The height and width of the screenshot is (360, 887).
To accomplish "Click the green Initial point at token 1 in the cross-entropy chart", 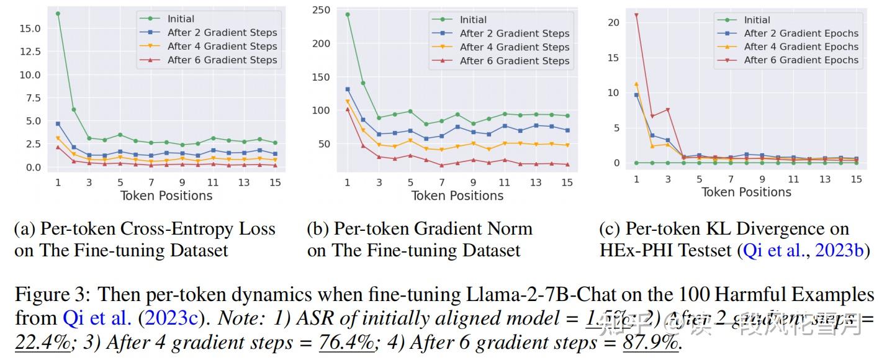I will (x=58, y=14).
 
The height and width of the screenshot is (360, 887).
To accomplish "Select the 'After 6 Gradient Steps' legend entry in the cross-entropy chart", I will (x=222, y=60).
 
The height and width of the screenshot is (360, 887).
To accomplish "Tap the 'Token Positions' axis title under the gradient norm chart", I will (x=457, y=196).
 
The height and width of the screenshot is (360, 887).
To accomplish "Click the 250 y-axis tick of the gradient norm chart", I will (x=321, y=10).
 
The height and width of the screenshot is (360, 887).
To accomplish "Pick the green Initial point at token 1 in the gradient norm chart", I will (x=348, y=14).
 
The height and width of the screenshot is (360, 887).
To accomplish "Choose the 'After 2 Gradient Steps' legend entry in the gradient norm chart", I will (x=514, y=34).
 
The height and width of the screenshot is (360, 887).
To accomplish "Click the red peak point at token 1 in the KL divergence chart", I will (x=636, y=15).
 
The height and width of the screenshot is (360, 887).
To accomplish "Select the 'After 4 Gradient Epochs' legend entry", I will (x=801, y=47).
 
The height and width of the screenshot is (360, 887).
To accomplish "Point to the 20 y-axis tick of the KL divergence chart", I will (x=614, y=22).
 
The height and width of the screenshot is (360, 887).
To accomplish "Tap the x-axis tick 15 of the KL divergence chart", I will (x=856, y=179).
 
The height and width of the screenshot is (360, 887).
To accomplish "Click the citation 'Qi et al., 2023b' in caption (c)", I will (x=803, y=250).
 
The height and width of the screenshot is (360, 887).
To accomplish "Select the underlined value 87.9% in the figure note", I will (x=651, y=343).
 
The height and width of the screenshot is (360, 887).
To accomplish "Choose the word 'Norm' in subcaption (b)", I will (x=510, y=229).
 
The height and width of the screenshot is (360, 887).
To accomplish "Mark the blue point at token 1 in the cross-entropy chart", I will (x=58, y=124).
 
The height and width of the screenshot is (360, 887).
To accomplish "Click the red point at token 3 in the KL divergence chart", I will (x=668, y=110).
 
